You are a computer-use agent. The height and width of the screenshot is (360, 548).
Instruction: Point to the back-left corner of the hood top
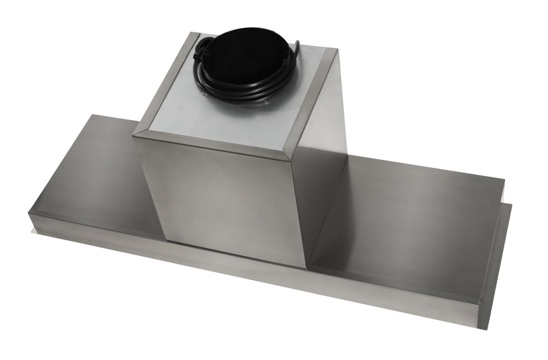[92, 115]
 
